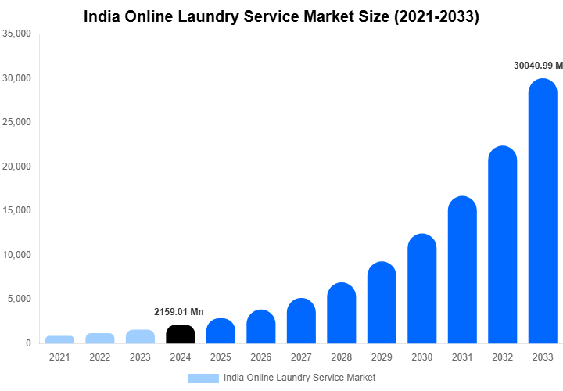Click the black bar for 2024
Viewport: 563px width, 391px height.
(x=181, y=334)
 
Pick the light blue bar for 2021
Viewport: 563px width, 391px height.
(x=59, y=339)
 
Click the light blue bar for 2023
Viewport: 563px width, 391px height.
(x=140, y=336)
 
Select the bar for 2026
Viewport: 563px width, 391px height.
(x=261, y=327)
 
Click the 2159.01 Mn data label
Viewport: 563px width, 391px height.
(x=180, y=312)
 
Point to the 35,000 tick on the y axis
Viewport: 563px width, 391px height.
(x=16, y=34)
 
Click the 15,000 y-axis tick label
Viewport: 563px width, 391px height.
(x=16, y=210)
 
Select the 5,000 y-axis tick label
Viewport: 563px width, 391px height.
(x=19, y=299)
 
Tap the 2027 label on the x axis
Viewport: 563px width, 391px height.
(x=301, y=357)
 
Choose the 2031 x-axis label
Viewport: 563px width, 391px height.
(x=462, y=357)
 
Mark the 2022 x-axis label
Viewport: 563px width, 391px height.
(x=100, y=357)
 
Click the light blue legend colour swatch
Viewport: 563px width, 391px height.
(x=203, y=378)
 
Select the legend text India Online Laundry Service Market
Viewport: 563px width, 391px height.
(x=299, y=378)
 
